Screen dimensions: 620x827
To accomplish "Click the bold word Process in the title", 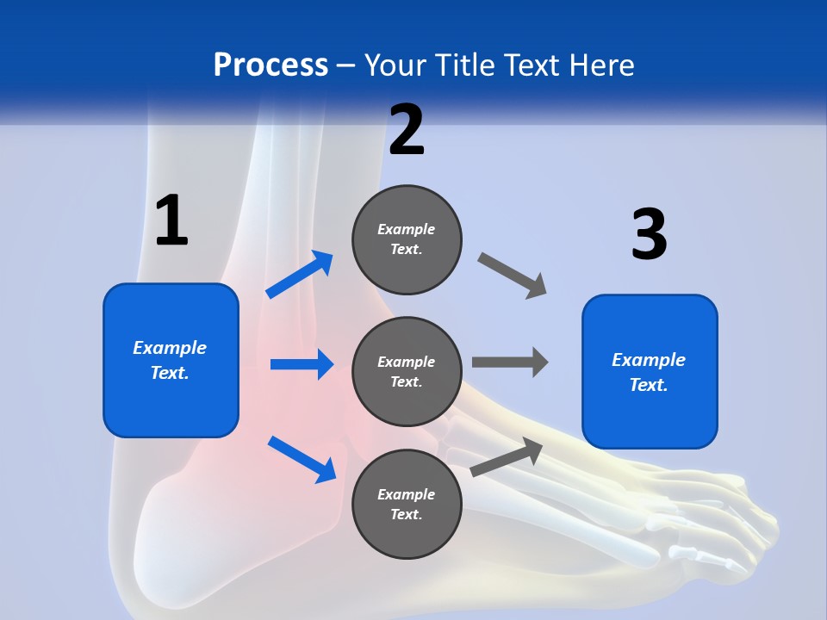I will pyautogui.click(x=270, y=65).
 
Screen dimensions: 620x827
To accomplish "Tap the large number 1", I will pyautogui.click(x=171, y=221).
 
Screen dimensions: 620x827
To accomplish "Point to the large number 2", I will pyautogui.click(x=407, y=130).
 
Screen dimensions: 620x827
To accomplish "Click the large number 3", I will pyautogui.click(x=649, y=234).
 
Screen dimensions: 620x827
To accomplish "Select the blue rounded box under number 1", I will pyautogui.click(x=171, y=360).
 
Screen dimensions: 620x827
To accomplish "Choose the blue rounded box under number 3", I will pyautogui.click(x=650, y=372).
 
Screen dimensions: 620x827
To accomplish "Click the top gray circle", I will pyautogui.click(x=407, y=239).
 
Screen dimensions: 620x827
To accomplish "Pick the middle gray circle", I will pyautogui.click(x=407, y=372).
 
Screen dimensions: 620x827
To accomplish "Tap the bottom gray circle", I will pyautogui.click(x=407, y=505).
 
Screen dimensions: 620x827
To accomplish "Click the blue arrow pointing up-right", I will pyautogui.click(x=300, y=275).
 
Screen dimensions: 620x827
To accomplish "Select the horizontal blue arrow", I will pyautogui.click(x=302, y=364).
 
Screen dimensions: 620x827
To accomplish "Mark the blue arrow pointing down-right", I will pyautogui.click(x=302, y=459).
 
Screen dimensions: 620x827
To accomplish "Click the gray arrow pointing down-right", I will pyautogui.click(x=513, y=276).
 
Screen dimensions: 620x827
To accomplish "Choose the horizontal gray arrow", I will pyautogui.click(x=510, y=362).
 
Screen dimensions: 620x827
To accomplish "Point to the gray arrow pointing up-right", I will pyautogui.click(x=507, y=456).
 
